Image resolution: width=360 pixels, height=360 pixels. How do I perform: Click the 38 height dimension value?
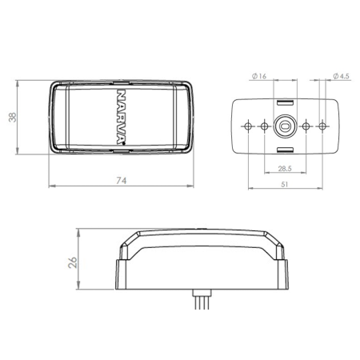[12, 118]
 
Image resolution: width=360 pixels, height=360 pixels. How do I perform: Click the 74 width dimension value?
[122, 181]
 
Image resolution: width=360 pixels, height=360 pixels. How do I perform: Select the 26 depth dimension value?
[73, 262]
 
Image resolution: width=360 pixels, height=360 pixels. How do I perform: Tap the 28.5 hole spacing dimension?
[285, 169]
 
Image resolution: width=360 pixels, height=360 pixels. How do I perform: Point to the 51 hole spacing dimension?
[285, 184]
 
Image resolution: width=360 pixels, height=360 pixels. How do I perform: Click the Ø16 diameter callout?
[259, 76]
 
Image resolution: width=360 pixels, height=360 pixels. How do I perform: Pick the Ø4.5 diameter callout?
[341, 76]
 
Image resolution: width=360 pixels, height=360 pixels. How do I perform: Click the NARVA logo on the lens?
[122, 117]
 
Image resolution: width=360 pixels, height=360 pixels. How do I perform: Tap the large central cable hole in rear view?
[285, 126]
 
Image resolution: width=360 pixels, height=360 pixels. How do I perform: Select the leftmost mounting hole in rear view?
[248, 126]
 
